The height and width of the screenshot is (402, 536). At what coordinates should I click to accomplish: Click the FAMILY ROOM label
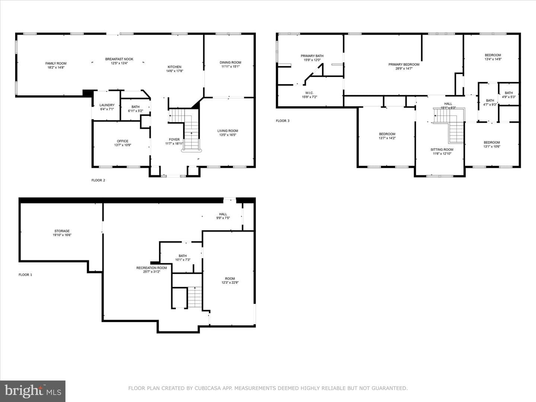tap(56, 63)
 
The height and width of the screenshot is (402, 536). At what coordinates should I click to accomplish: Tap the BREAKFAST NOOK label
tap(119, 59)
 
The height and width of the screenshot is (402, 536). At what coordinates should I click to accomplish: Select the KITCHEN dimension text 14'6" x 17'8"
tap(175, 71)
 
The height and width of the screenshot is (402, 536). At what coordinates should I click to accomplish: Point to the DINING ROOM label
tap(230, 63)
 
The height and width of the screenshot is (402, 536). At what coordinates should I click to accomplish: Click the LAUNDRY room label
tap(107, 105)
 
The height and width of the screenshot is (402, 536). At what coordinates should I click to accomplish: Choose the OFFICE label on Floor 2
tap(122, 141)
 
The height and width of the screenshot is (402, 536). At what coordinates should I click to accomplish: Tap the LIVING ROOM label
tap(227, 131)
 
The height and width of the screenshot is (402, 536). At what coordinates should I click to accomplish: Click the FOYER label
tap(174, 140)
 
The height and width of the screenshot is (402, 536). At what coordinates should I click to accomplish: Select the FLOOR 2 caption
tap(98, 181)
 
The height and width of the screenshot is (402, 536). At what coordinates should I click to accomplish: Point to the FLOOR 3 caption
tap(283, 121)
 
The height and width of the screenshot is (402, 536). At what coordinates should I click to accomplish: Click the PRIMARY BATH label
tap(312, 56)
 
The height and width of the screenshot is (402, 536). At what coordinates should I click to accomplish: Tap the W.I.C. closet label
tap(309, 93)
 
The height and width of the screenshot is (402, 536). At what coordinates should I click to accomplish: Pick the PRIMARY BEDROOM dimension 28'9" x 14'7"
tap(404, 68)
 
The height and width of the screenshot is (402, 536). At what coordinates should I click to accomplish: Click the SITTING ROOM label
tap(442, 150)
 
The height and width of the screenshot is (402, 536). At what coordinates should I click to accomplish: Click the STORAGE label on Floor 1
tap(62, 231)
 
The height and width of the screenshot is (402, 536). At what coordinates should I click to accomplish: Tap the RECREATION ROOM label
tap(151, 268)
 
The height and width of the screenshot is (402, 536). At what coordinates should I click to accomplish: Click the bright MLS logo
tap(33, 391)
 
